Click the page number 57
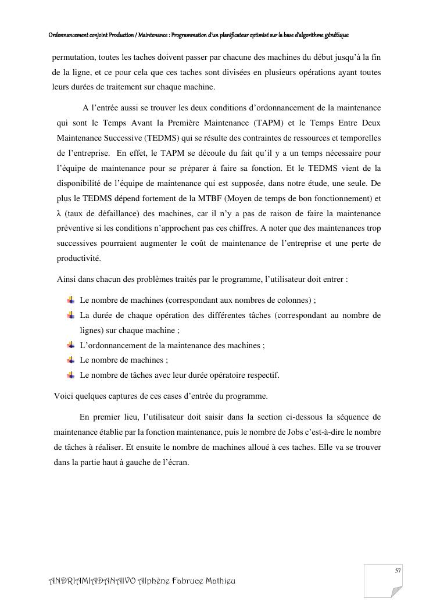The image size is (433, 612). (x=398, y=571)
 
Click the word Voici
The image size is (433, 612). (x=63, y=396)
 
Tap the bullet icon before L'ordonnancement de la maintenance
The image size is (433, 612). (x=70, y=345)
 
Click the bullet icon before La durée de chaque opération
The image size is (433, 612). (x=70, y=315)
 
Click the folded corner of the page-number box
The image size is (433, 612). (x=396, y=592)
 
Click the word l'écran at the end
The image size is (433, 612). (x=175, y=462)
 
